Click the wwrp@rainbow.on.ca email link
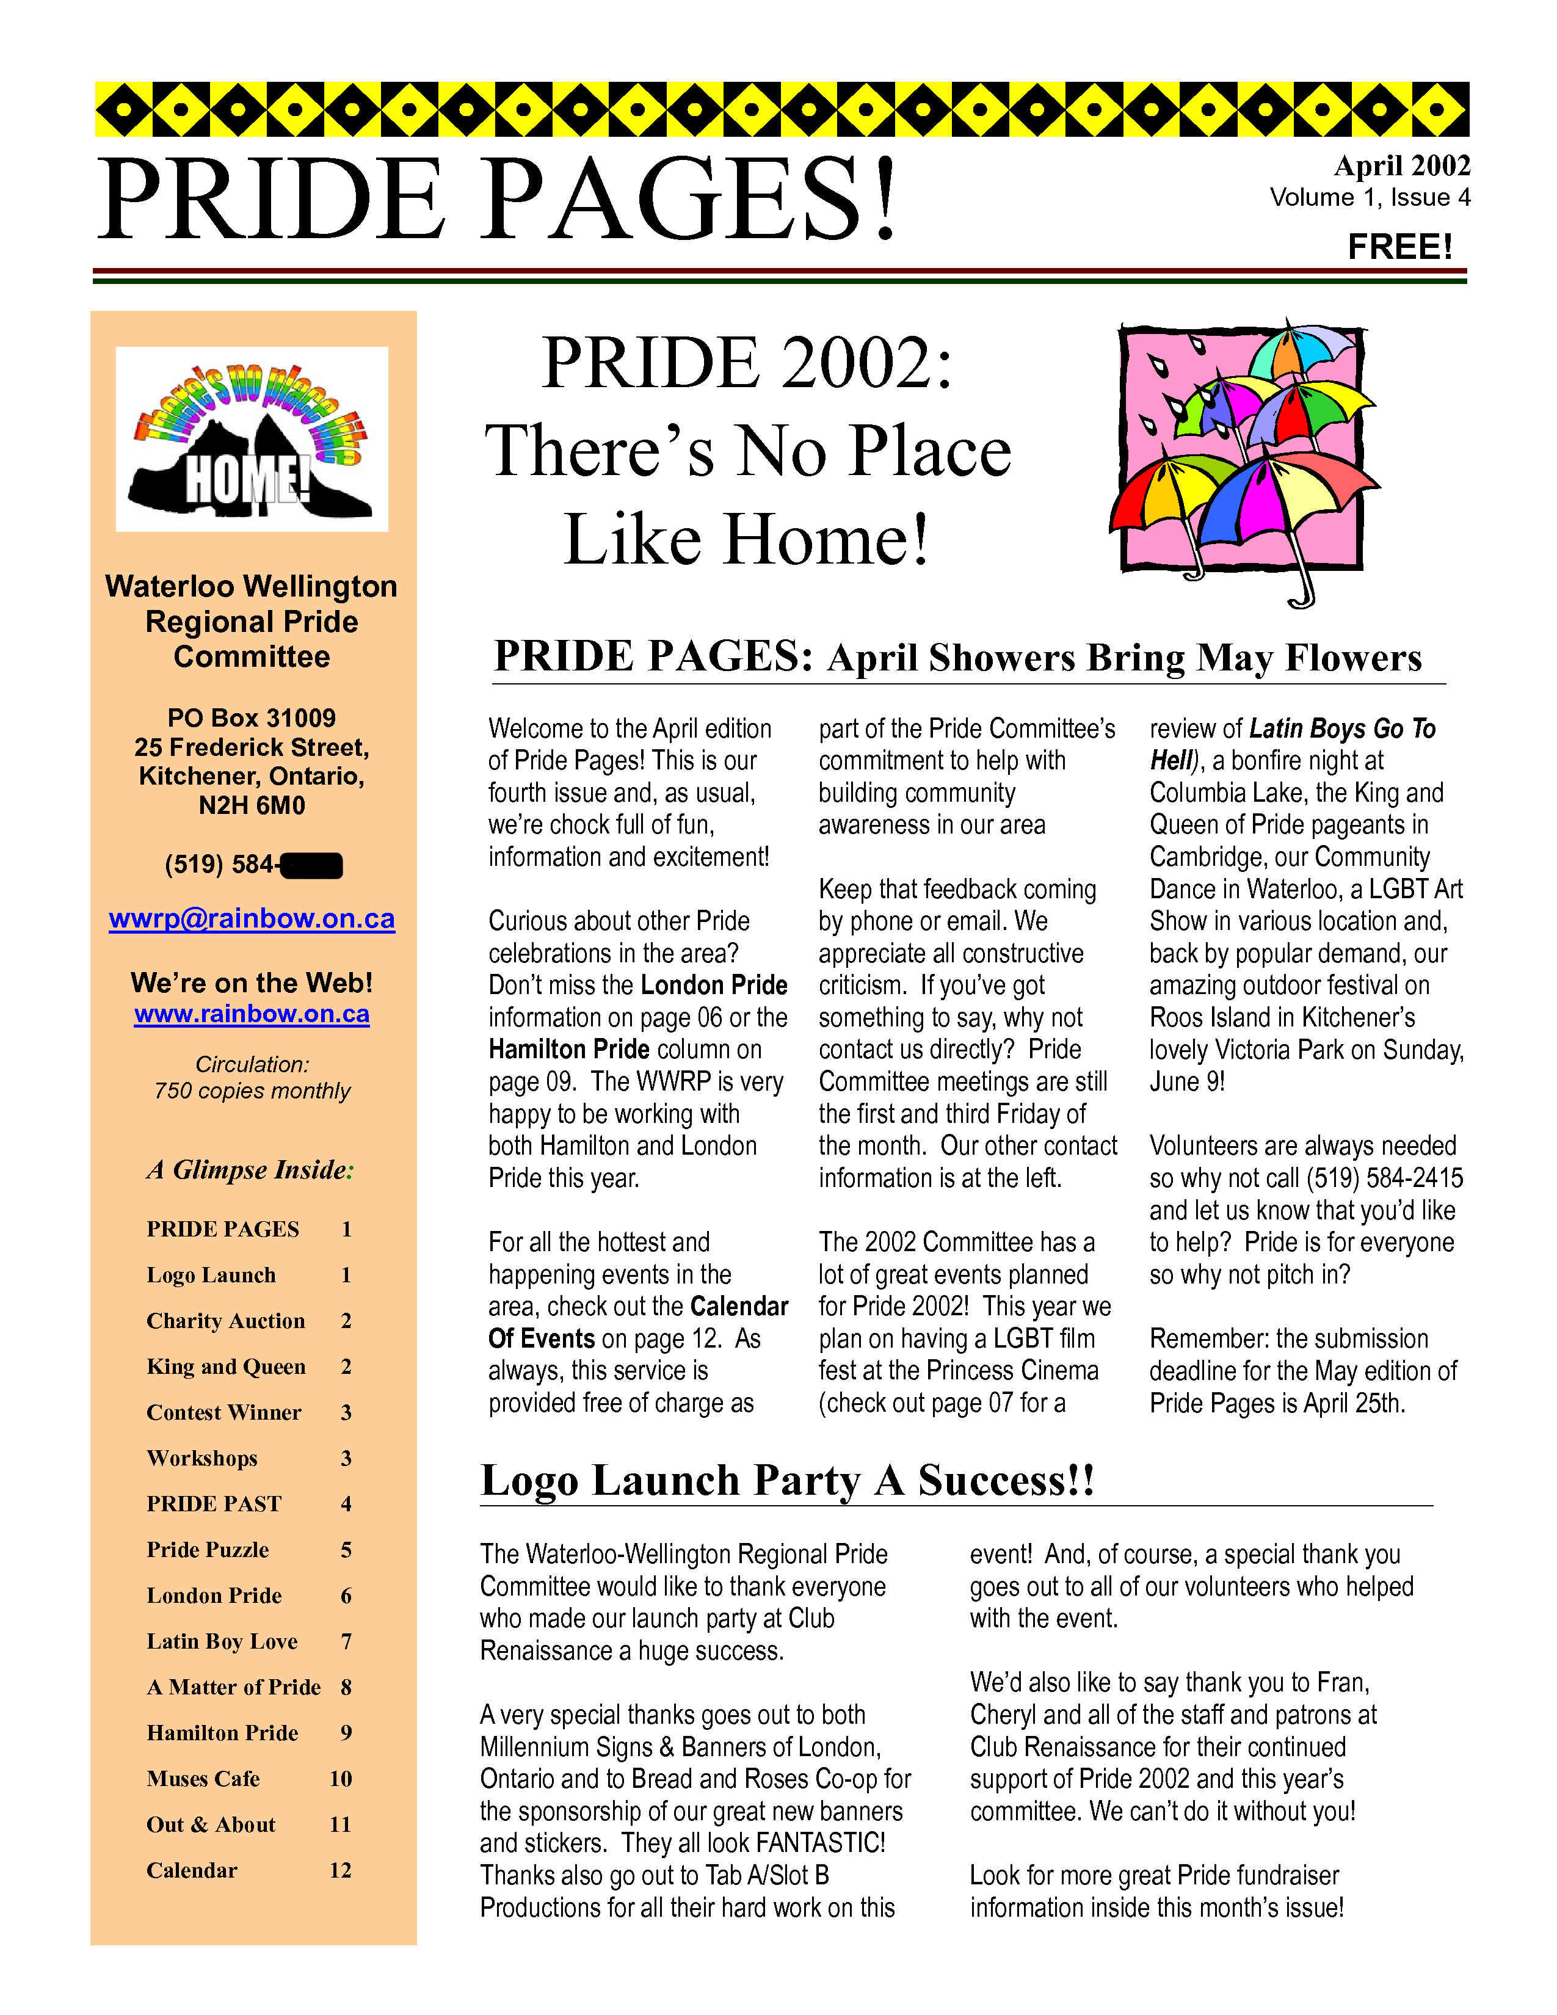[x=252, y=919]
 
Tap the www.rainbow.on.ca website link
[x=252, y=1014]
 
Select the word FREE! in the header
[x=1399, y=247]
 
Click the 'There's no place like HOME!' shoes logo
[x=252, y=439]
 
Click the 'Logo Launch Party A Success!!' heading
[x=787, y=1480]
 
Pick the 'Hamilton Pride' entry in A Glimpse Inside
[x=222, y=1733]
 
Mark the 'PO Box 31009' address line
[x=252, y=718]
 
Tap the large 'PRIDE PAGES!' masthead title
[x=498, y=200]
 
